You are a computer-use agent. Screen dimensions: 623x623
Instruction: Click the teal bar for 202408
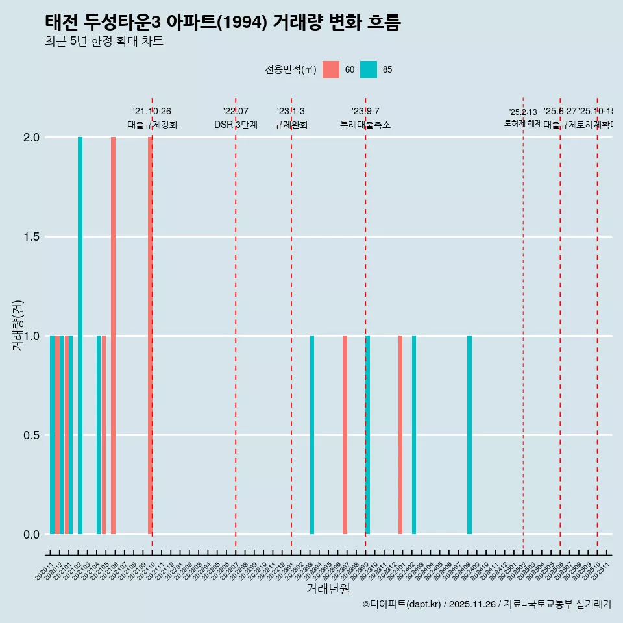[x=469, y=435]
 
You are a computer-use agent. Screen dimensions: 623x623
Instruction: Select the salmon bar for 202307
[x=345, y=435]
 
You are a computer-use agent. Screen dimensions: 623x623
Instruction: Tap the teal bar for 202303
[x=312, y=435]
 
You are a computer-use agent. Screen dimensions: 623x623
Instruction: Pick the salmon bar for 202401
[x=400, y=435]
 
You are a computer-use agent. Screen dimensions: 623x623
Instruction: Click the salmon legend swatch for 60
[x=331, y=69]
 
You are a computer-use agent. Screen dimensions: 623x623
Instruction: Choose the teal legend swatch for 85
[x=369, y=69]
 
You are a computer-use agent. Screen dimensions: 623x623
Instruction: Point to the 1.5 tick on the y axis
[x=31, y=237]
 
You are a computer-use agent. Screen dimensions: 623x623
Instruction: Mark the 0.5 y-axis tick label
[x=31, y=435]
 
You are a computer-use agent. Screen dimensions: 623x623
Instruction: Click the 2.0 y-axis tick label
[x=31, y=138]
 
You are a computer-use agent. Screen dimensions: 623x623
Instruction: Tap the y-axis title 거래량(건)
[x=18, y=324]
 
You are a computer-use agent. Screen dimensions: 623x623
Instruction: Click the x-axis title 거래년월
[x=328, y=589]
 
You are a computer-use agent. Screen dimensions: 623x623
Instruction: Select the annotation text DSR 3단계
[x=236, y=125]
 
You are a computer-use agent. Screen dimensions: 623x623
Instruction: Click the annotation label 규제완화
[x=291, y=125]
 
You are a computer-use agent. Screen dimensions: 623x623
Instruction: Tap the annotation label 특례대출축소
[x=365, y=125]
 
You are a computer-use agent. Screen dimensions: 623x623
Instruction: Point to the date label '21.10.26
[x=152, y=112]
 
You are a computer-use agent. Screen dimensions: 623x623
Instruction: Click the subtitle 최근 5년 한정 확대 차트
[x=104, y=42]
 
